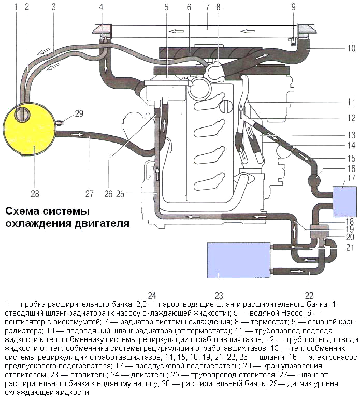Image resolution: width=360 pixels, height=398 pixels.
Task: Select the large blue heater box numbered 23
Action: (x=238, y=264)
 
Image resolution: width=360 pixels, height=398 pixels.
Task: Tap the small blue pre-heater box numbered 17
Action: (x=342, y=201)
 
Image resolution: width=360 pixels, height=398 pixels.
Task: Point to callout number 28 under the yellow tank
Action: (x=35, y=194)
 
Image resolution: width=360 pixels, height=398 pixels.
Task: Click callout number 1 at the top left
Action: (x=16, y=7)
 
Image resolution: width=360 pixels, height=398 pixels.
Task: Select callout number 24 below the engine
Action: (x=152, y=296)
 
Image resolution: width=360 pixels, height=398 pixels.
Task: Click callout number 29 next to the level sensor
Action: (x=78, y=112)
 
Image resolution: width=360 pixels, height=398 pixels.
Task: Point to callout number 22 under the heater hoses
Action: (x=308, y=296)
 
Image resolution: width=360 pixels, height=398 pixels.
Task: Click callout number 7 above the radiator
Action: (x=207, y=7)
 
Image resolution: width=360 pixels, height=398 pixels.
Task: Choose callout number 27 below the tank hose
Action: (x=89, y=194)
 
